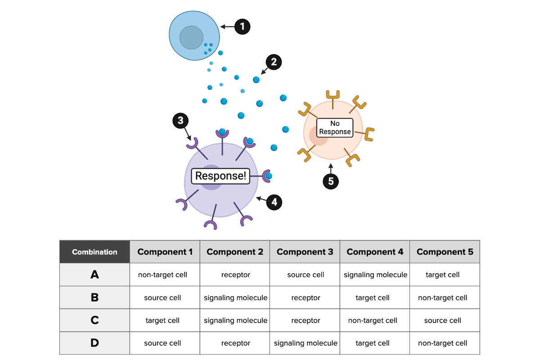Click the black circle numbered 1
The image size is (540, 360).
click(x=242, y=27)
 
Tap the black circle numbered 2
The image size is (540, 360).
click(x=274, y=62)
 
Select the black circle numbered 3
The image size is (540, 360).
click(x=180, y=121)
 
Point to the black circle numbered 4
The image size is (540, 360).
click(x=274, y=202)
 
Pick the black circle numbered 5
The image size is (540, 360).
click(x=331, y=181)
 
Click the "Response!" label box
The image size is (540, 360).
click(x=220, y=176)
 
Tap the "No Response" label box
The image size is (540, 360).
click(x=335, y=127)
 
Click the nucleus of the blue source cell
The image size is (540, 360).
click(x=192, y=37)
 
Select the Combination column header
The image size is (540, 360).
click(x=94, y=252)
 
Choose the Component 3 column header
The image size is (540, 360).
click(x=305, y=252)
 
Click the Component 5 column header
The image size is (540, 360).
click(x=445, y=252)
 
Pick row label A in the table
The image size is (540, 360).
click(x=94, y=274)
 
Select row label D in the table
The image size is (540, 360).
click(x=94, y=343)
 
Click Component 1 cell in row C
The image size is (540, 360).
click(x=162, y=320)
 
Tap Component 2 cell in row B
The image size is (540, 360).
click(x=235, y=297)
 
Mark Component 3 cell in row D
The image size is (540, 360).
click(x=306, y=343)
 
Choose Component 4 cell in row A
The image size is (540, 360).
click(x=375, y=274)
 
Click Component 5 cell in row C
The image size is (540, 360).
click(x=442, y=320)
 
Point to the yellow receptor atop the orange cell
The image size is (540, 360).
click(x=333, y=96)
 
